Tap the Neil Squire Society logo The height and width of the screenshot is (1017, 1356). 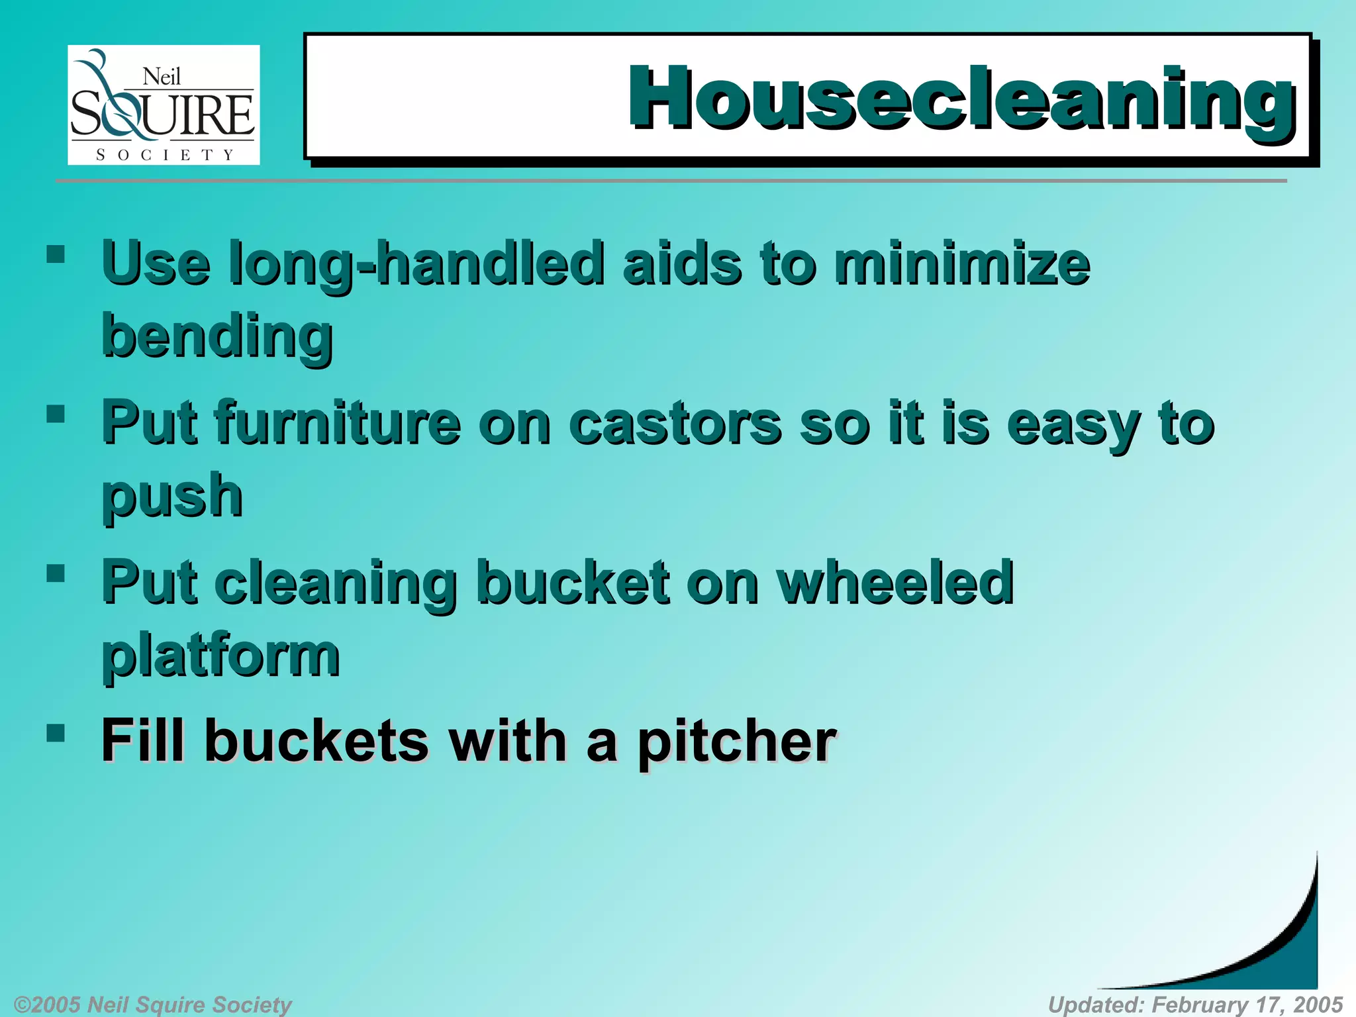tap(164, 105)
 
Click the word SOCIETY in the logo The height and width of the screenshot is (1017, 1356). tap(165, 155)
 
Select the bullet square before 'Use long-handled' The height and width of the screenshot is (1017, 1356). tap(56, 254)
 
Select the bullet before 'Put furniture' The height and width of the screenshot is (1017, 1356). tap(56, 414)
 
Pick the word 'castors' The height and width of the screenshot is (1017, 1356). tap(675, 424)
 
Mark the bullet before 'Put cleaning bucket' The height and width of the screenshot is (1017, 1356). tap(56, 573)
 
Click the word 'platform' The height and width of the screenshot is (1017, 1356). tap(220, 655)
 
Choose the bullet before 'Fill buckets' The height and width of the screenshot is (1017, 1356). tap(56, 732)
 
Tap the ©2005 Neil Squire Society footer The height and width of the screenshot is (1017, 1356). tap(152, 1004)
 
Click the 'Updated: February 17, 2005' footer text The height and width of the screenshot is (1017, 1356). tap(1195, 1004)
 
